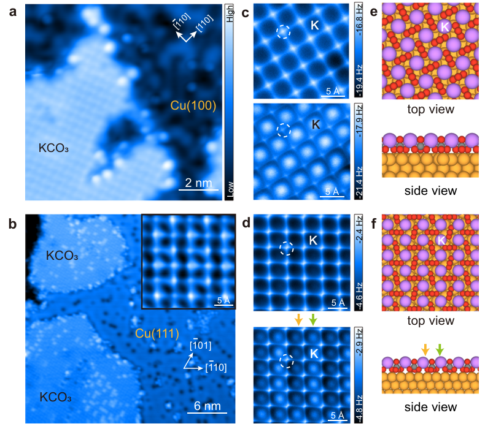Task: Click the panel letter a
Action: point(9,10)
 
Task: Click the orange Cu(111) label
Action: point(157,334)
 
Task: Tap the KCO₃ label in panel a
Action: point(54,148)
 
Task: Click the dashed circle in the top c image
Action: point(283,31)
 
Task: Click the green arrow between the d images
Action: point(313,319)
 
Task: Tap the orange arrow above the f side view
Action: point(425,349)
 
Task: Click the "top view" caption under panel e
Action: point(429,110)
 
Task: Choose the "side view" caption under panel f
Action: point(429,407)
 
